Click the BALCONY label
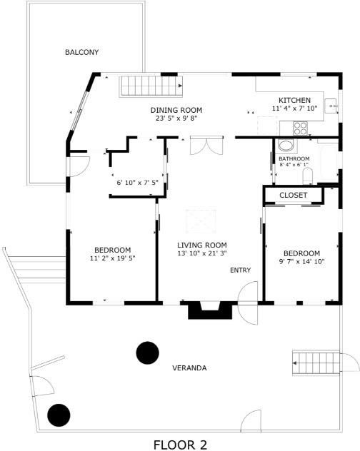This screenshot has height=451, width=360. click(x=82, y=52)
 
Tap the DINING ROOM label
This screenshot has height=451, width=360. click(x=176, y=110)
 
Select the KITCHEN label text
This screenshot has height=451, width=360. click(x=294, y=101)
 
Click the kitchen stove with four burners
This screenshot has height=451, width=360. click(x=301, y=128)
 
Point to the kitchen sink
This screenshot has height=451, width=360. click(x=331, y=106)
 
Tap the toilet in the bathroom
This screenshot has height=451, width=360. click(x=308, y=176)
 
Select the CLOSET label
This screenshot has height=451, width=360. click(x=293, y=195)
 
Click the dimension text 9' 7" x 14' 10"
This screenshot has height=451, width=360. click(x=302, y=261)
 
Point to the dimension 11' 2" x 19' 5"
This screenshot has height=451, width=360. click(x=113, y=258)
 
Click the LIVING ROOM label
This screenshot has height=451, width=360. click(x=202, y=245)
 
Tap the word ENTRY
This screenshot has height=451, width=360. click(x=241, y=270)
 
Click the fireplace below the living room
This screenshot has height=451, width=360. click(x=210, y=310)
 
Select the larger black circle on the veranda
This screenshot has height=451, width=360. click(x=147, y=353)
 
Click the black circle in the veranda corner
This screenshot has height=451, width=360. click(x=59, y=415)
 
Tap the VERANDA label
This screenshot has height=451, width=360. click(x=189, y=368)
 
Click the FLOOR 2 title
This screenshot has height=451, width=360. click(x=180, y=445)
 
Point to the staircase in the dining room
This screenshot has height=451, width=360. click(x=151, y=86)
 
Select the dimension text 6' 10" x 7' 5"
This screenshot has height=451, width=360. click(x=137, y=183)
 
